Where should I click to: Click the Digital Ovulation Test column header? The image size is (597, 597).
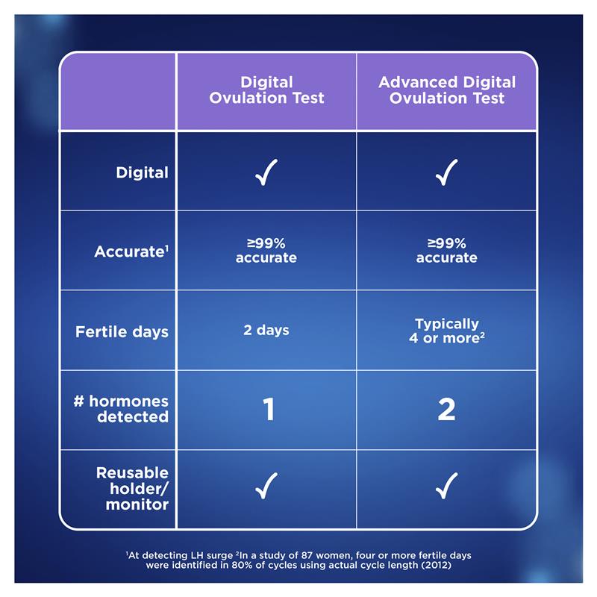coord(266,90)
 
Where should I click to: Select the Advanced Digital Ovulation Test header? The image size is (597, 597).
coord(446,90)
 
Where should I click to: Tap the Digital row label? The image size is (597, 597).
coord(142,172)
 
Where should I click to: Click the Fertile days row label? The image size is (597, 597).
coord(122,331)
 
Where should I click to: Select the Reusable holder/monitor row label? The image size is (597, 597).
coord(132,489)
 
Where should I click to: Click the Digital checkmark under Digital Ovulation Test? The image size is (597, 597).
coord(266,173)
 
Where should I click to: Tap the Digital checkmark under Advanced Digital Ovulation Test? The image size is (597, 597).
coord(446,173)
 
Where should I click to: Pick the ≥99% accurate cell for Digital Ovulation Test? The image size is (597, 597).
coord(266,251)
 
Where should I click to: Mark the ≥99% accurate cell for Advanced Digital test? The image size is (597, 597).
coord(446,251)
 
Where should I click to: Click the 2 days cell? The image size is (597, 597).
coord(266,330)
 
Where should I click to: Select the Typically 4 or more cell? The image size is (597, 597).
coord(446,331)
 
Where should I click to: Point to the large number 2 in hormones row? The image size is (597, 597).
coord(446,410)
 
